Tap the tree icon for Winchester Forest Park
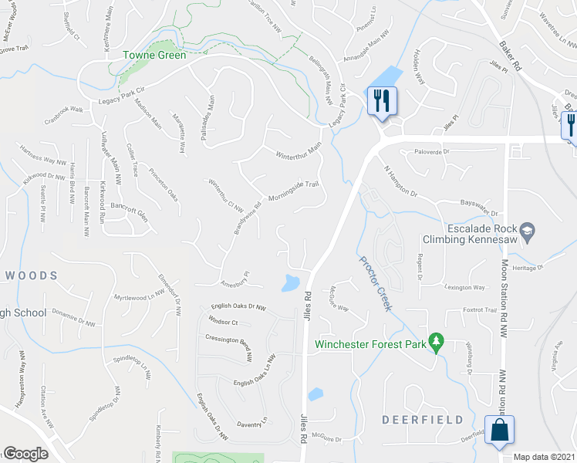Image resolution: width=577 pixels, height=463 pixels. (x=436, y=340)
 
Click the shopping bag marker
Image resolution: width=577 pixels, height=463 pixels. (x=499, y=431)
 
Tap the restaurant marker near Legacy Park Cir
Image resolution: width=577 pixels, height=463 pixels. (x=382, y=100)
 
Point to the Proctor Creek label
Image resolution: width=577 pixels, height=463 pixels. (x=376, y=282)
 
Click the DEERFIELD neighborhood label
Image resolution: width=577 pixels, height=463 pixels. (x=423, y=420)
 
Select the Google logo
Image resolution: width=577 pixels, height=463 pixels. (x=25, y=454)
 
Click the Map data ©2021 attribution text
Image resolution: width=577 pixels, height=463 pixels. (x=544, y=457)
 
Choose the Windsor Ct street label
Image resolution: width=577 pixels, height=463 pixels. (x=223, y=323)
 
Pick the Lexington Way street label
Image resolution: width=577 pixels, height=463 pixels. (x=464, y=287)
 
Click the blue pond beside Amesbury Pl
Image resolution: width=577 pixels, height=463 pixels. (x=292, y=283)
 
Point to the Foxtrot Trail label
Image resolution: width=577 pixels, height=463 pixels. (x=480, y=310)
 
